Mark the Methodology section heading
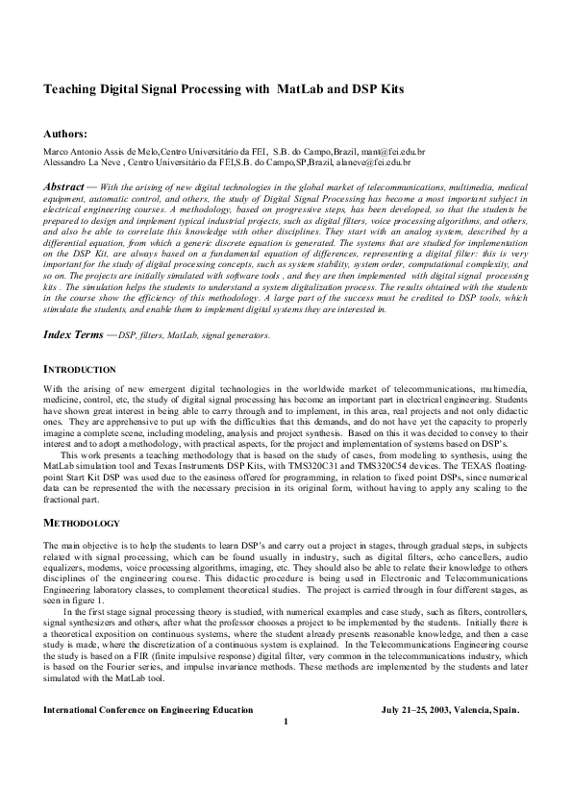point(82,523)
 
